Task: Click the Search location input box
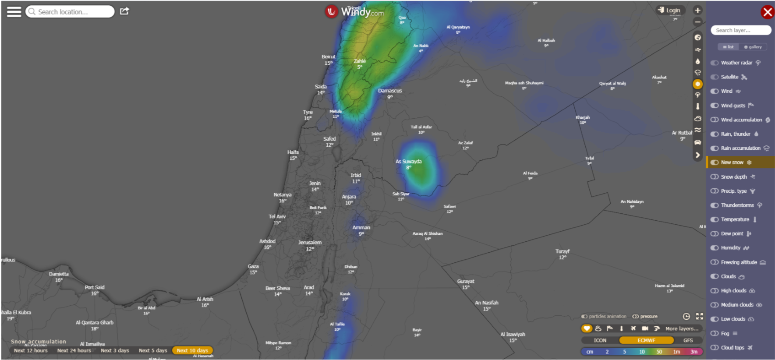tap(70, 12)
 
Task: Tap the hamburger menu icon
tap(14, 12)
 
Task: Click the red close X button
tap(767, 12)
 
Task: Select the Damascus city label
tap(390, 91)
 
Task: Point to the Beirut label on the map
tap(329, 57)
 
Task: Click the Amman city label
tap(361, 228)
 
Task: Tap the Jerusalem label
tap(310, 243)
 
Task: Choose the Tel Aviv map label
tap(277, 217)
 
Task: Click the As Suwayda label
tap(409, 162)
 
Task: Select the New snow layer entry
tap(733, 162)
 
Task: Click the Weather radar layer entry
tap(736, 63)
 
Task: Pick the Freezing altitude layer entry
tap(739, 262)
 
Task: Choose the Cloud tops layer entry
tap(733, 348)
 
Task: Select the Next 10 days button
tap(192, 350)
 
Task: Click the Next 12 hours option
tap(31, 350)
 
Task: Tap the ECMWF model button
tap(646, 340)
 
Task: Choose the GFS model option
tap(688, 340)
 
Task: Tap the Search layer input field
tap(740, 30)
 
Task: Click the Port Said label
tap(95, 288)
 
